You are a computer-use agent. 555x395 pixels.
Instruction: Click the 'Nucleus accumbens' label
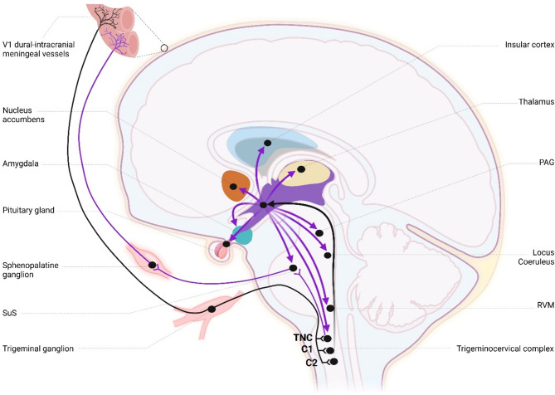(x=23, y=117)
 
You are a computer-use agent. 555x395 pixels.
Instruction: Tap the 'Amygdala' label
(x=22, y=165)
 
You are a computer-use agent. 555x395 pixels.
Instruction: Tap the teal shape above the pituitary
(x=242, y=234)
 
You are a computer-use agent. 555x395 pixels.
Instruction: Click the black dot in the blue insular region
(x=267, y=144)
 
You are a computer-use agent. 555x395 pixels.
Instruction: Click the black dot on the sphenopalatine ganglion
(x=153, y=265)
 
